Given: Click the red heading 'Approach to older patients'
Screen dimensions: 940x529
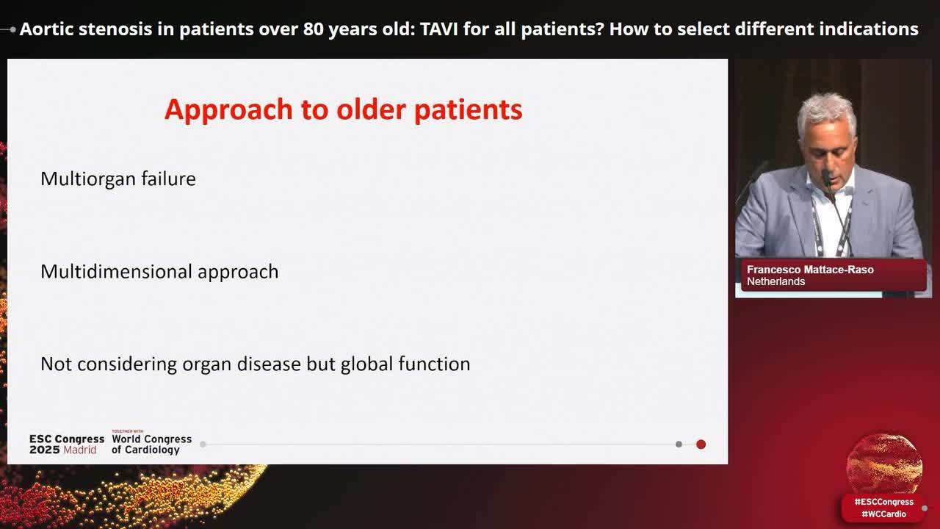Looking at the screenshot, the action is pos(343,110).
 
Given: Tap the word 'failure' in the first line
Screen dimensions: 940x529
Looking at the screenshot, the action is pos(168,179).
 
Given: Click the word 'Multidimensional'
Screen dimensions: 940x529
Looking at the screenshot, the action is pos(116,271).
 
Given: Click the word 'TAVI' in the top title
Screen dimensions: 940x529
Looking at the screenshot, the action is pos(438,29).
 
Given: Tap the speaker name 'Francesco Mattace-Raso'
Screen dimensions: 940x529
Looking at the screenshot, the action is pos(810,270).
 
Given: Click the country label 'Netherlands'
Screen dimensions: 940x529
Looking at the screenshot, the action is pos(775,281).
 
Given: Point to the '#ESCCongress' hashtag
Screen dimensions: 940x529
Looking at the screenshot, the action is pos(883,502).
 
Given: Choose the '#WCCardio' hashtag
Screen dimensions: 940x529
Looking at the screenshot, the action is pos(883,514).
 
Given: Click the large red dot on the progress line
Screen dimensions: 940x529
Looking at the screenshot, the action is pos(701,445).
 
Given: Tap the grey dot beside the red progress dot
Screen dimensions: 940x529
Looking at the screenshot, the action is pos(679,445).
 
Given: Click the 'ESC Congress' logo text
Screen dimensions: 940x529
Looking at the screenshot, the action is pos(67,439).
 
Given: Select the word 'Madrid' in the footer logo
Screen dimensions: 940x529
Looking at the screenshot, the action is pos(80,450).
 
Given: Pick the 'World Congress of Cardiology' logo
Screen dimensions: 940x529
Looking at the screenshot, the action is pos(151,445).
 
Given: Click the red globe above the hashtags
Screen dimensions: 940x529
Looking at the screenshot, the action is pos(884,464).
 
